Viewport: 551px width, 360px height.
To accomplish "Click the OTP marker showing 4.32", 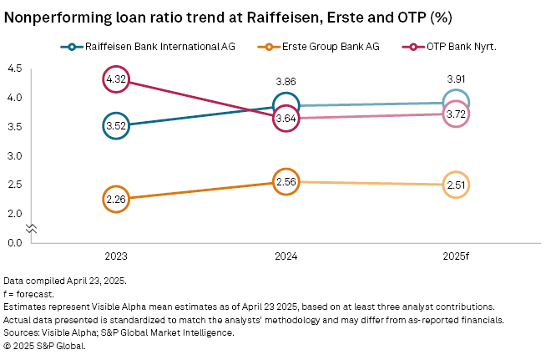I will pos(116,79).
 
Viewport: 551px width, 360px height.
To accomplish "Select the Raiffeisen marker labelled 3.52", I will pos(116,125).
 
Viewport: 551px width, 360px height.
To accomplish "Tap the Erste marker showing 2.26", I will pos(116,199).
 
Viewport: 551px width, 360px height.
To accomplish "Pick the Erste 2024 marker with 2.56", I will pos(286,181).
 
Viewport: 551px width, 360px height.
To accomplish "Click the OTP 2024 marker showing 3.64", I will pos(286,119).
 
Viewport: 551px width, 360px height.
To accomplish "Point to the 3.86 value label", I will pos(286,83).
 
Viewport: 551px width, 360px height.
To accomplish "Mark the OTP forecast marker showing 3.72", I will pos(456,114).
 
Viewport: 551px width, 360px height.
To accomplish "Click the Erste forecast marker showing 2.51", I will pos(456,185).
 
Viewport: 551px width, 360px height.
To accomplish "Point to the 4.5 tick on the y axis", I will pos(14,68).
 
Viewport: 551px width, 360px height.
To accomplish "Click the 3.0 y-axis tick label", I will pos(14,155).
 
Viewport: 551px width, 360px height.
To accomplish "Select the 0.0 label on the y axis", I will pos(14,242).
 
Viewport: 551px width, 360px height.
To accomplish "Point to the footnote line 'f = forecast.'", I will pos(31,294).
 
